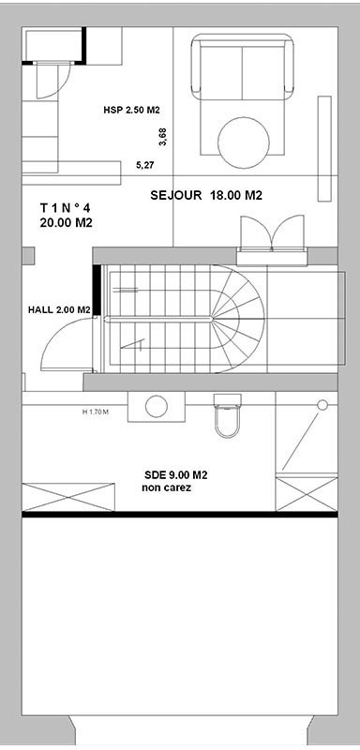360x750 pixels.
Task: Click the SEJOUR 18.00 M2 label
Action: (x=206, y=195)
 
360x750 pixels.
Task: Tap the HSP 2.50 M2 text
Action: (x=131, y=110)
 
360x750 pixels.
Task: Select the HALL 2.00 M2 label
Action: (x=59, y=310)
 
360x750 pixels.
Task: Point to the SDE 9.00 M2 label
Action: (x=175, y=475)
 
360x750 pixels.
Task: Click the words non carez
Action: (x=166, y=488)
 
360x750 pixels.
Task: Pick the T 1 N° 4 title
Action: (x=65, y=208)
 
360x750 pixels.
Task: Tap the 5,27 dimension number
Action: (x=145, y=166)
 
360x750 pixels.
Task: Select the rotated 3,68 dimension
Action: (x=163, y=137)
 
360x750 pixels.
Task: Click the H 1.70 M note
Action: (x=96, y=411)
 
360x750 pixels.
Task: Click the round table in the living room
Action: (x=244, y=142)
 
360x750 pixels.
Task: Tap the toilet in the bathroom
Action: (x=227, y=415)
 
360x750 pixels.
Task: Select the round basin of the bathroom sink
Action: (x=157, y=407)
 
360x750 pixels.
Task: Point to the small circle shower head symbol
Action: (x=322, y=405)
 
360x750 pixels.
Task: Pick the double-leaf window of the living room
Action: (x=273, y=234)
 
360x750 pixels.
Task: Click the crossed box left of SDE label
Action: (x=68, y=497)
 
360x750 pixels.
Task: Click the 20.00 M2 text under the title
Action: (x=66, y=223)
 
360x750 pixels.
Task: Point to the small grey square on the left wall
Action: (x=29, y=255)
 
